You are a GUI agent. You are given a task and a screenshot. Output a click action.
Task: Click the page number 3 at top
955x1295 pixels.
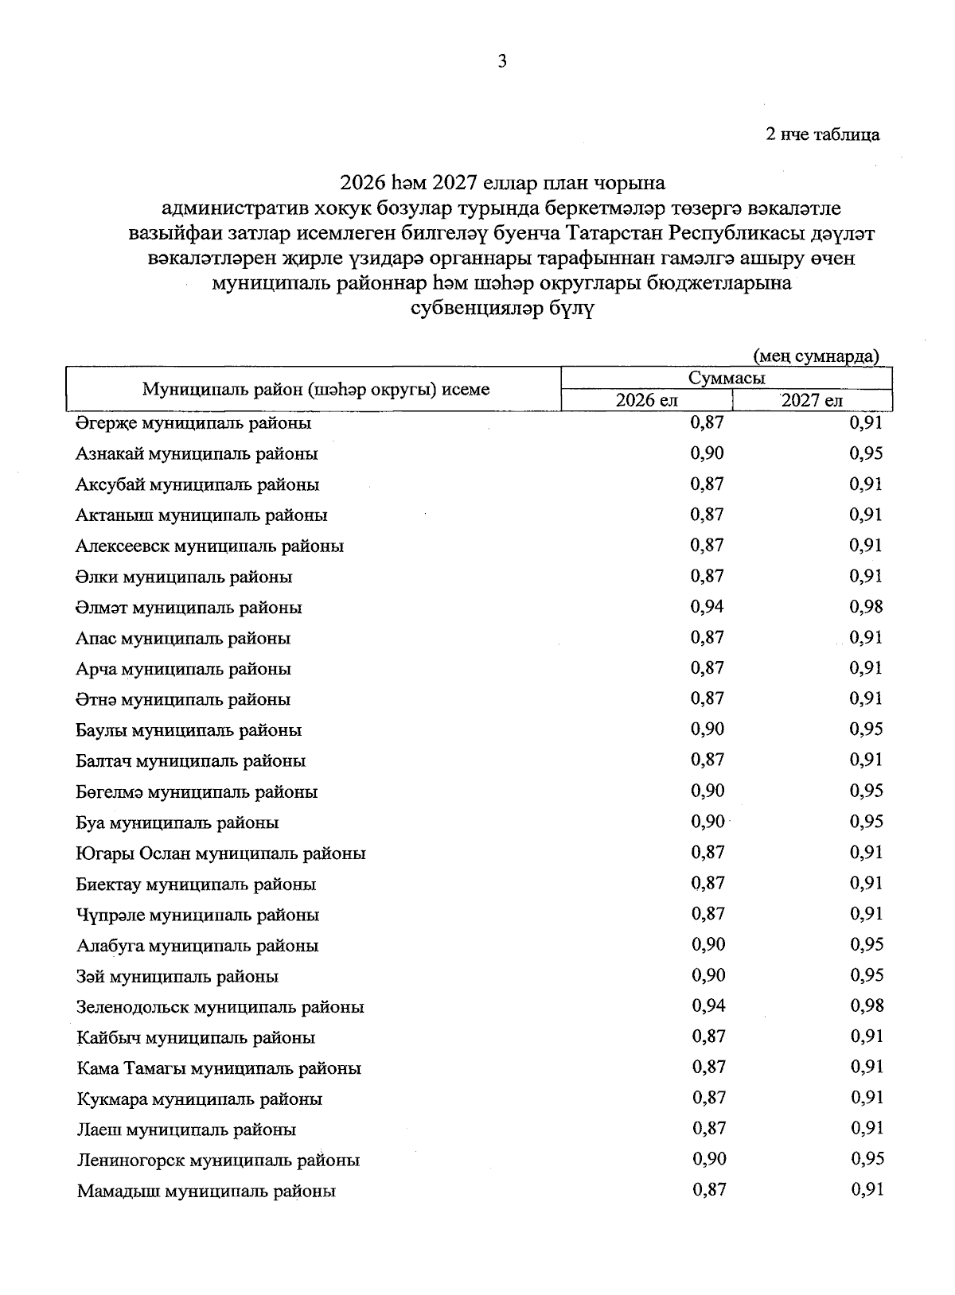click(502, 61)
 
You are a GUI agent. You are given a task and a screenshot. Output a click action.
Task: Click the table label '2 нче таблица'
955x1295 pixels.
click(822, 134)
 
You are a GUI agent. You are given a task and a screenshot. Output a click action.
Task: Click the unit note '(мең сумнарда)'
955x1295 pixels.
click(816, 356)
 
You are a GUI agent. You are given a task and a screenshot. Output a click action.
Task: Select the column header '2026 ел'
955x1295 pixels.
click(646, 400)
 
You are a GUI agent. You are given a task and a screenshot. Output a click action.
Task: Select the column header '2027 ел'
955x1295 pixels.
click(811, 400)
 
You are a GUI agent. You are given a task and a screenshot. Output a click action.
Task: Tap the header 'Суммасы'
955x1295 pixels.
click(726, 378)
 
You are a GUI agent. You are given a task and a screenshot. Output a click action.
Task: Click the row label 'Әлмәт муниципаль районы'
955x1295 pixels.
click(189, 608)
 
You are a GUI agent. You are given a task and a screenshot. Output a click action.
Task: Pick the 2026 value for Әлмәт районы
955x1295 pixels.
click(707, 607)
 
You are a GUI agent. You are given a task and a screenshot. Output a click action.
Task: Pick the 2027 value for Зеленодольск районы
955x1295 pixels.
click(867, 1006)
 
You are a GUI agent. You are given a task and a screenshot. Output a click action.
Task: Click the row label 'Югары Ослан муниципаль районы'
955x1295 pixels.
click(220, 854)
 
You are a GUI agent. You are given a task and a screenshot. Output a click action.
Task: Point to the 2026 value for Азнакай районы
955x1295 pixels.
click(707, 453)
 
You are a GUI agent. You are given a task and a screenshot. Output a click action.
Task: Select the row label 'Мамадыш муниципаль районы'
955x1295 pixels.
click(205, 1192)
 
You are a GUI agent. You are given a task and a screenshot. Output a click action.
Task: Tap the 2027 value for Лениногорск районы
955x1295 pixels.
click(867, 1160)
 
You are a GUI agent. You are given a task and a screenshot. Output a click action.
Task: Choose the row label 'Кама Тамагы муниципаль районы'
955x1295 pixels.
click(219, 1068)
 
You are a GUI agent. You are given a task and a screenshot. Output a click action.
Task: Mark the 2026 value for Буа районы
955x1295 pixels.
click(707, 822)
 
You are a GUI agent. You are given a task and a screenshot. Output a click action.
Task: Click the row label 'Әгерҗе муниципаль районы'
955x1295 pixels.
click(193, 423)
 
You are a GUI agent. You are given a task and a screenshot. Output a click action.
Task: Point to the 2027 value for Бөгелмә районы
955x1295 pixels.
click(867, 791)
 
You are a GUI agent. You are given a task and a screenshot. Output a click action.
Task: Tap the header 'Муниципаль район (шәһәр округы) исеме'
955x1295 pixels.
click(315, 389)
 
